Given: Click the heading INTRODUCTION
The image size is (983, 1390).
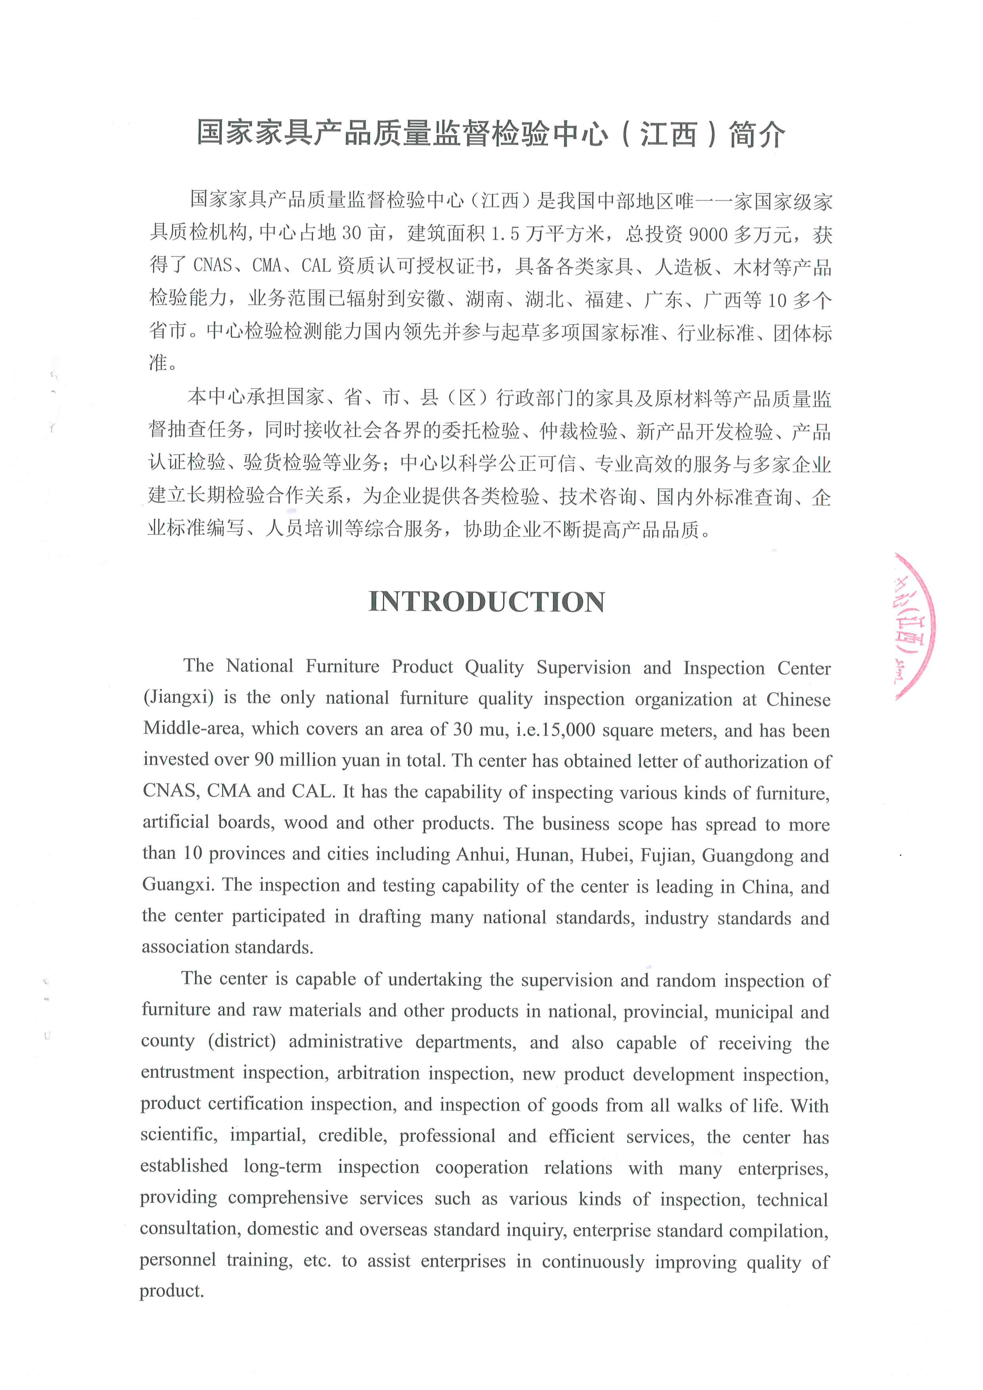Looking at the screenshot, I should click(x=487, y=602).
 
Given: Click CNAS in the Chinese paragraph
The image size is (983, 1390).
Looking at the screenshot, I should click(x=213, y=266).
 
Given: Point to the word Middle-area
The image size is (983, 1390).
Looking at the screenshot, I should click(x=194, y=729).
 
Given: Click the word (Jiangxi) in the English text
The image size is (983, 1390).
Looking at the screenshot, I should click(x=178, y=698).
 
